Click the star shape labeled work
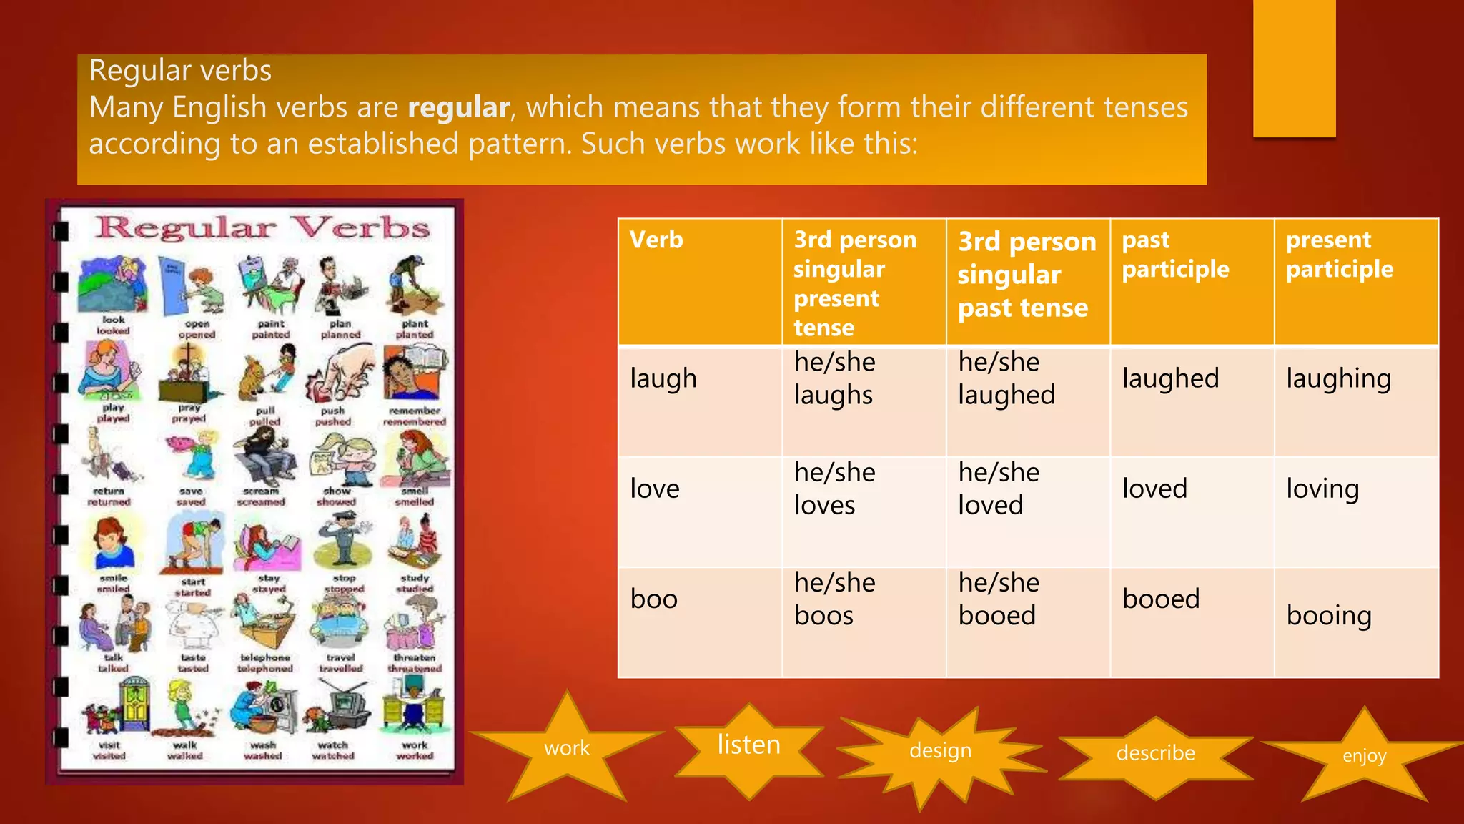point(567,748)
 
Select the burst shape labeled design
point(940,751)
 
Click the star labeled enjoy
point(1364,756)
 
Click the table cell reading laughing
point(1338,379)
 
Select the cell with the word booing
point(1329,616)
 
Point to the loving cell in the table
point(1322,489)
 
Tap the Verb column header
point(656,240)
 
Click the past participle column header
point(1175,255)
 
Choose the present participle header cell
point(1339,255)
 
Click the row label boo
point(653,599)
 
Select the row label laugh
point(663,379)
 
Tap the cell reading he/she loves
point(834,489)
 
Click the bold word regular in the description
point(459,108)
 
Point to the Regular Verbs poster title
point(262,229)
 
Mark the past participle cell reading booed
point(1161,599)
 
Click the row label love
point(654,489)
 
